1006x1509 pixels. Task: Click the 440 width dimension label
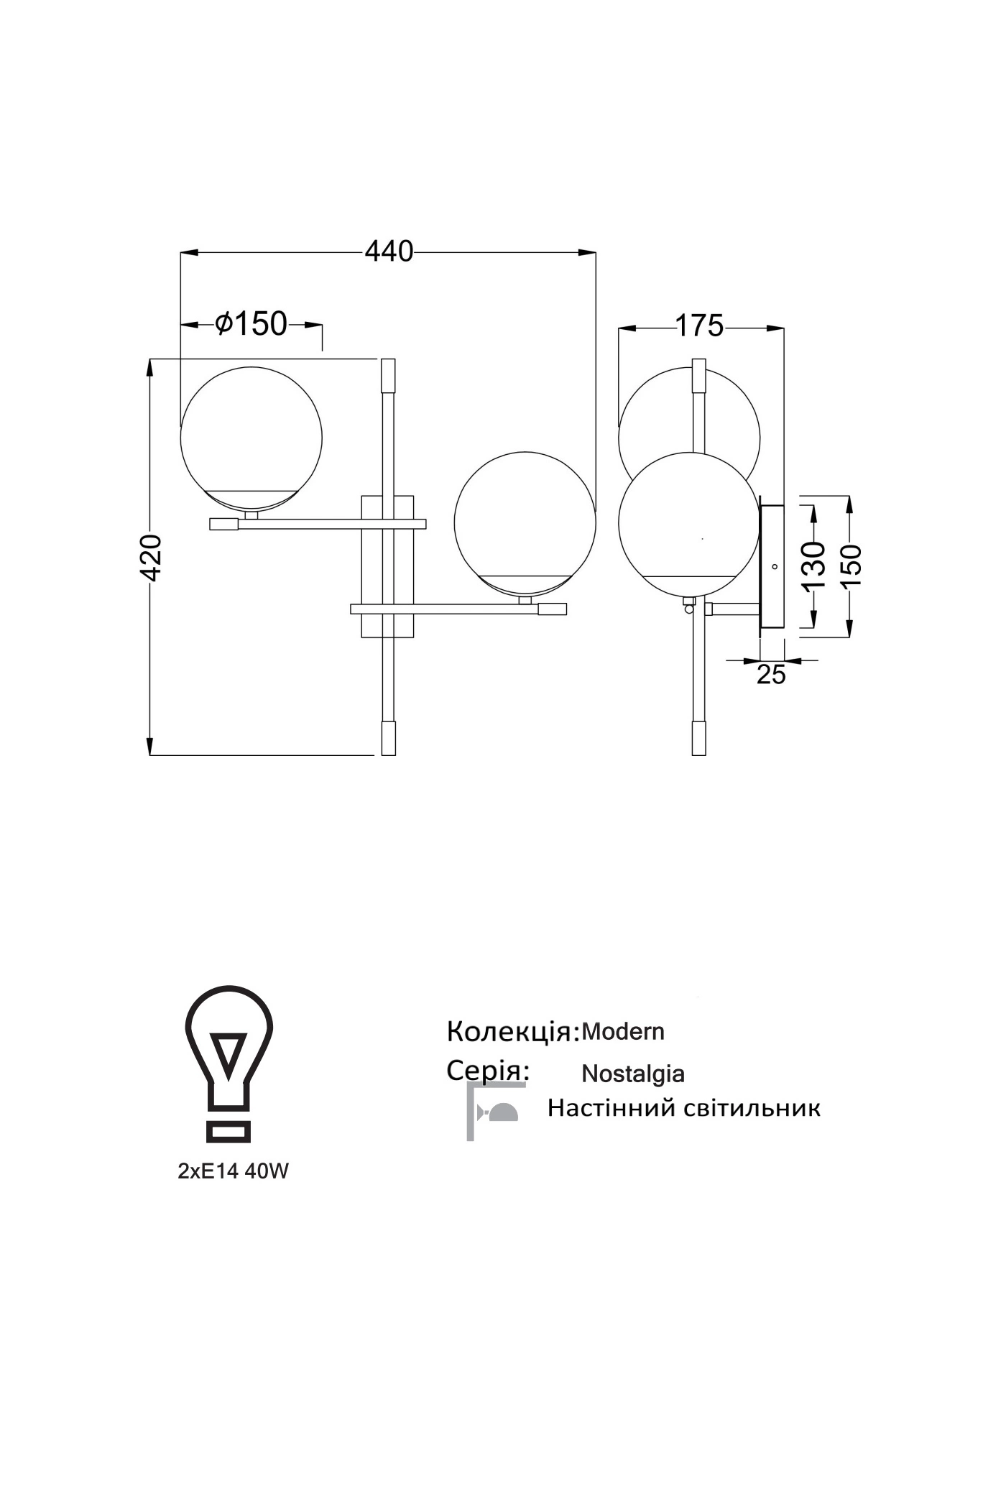[x=389, y=251]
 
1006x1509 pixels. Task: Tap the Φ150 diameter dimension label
[x=251, y=324]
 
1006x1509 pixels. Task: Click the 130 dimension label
[x=813, y=566]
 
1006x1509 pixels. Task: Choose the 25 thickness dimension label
[x=771, y=675]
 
